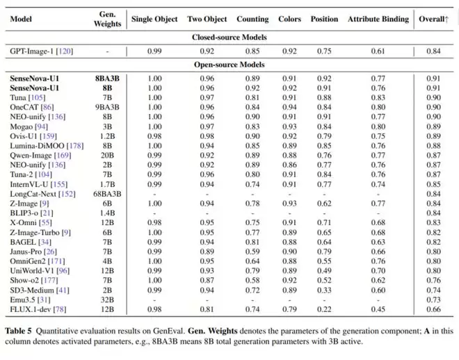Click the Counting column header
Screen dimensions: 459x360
[x=252, y=19]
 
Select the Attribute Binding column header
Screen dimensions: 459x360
[x=378, y=19]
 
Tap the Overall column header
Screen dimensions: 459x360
[x=433, y=19]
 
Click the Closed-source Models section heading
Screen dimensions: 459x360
[x=229, y=38]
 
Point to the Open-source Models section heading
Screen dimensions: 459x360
[x=229, y=65]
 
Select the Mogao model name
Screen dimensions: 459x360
[x=21, y=126]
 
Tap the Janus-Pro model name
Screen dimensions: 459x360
[x=26, y=252]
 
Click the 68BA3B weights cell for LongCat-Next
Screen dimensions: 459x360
[x=107, y=194]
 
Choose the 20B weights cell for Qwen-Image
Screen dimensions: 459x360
[x=107, y=155]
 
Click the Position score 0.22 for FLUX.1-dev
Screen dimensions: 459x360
[x=324, y=309]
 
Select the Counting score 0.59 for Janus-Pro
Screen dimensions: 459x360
[x=252, y=252]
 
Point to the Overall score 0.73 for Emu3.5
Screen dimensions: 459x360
[x=433, y=300]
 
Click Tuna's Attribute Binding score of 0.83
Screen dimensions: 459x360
[x=378, y=98]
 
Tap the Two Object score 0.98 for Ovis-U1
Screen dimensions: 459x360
[x=207, y=136]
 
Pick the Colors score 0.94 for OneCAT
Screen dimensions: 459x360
[x=289, y=107]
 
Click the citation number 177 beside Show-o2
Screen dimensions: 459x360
[x=49, y=281]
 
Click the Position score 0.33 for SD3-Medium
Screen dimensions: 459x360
[x=324, y=290]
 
